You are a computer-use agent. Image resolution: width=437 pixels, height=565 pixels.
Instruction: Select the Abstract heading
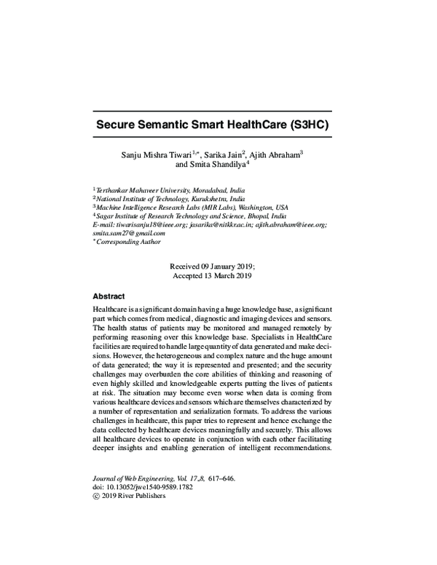tap(109, 296)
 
